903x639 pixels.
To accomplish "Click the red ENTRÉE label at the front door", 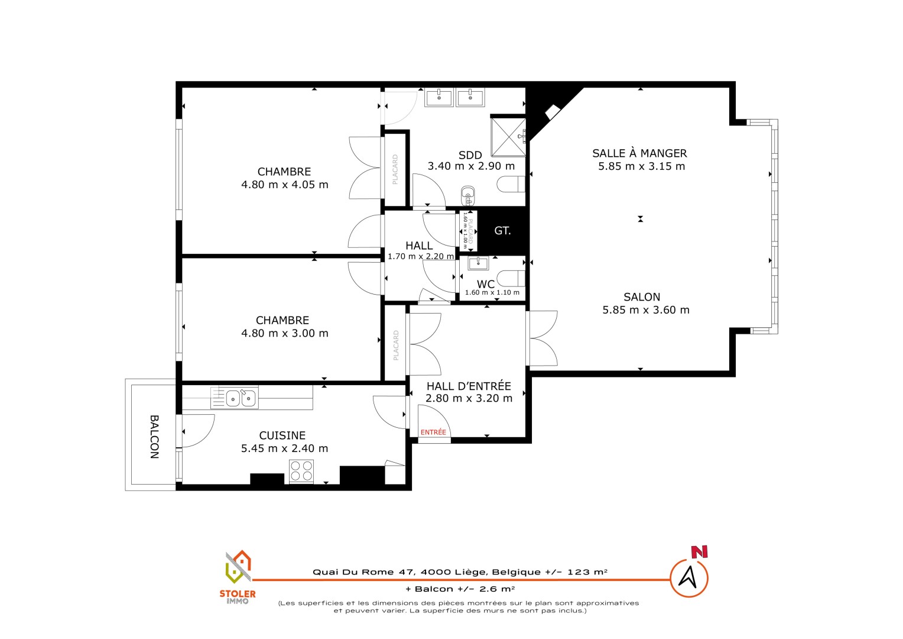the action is (433, 432).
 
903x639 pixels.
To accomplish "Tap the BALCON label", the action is (154, 437).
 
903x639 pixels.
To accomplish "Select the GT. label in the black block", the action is (502, 231).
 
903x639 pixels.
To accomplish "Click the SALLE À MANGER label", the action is (639, 153).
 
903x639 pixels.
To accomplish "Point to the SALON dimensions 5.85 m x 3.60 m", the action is (646, 309).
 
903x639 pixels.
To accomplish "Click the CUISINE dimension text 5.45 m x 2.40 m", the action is (285, 448).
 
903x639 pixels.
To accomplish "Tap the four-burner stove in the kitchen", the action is (301, 471).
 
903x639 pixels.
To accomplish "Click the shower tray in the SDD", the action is (508, 137).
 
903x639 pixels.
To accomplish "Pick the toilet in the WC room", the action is (511, 279).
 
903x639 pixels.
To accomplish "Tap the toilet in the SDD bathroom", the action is (511, 184).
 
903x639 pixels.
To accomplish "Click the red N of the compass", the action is (700, 552).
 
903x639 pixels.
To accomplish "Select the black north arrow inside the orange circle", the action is (688, 577).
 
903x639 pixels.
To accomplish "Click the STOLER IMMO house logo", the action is (238, 567).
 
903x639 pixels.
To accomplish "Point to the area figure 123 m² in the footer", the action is (587, 572).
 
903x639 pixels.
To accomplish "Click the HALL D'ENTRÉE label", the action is (469, 386).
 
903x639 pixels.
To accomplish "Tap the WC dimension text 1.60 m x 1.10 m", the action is (492, 292).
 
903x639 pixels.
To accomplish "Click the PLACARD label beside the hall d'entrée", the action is (396, 345).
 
